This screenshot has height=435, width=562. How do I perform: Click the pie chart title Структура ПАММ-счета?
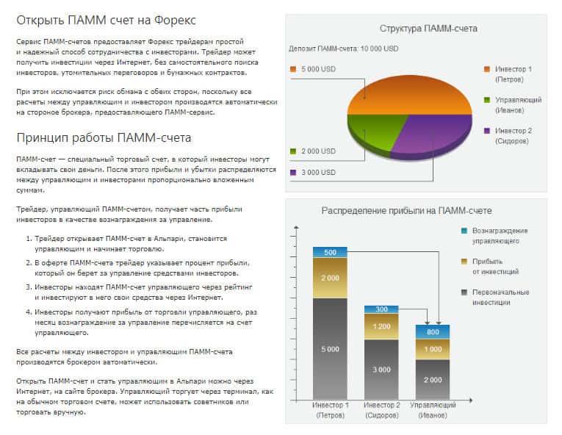[x=428, y=29]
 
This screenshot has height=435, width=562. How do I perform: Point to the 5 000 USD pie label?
[x=317, y=69]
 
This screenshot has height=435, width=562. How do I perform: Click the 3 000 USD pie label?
[x=317, y=173]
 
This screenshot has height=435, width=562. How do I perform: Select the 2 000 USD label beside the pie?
[x=317, y=151]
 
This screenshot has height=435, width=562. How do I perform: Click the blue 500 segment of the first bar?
[x=330, y=252]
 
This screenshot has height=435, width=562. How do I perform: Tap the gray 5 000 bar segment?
[x=330, y=348]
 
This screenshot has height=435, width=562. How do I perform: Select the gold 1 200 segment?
[x=381, y=326]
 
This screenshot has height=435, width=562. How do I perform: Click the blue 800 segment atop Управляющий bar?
[x=433, y=331]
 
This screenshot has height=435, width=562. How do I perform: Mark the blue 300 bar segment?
[x=381, y=309]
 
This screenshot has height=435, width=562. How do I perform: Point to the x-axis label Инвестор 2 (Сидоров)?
[x=381, y=410]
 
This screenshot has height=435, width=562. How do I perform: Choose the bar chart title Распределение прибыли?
[x=406, y=210]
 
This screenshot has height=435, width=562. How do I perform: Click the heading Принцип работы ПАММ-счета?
[x=104, y=137]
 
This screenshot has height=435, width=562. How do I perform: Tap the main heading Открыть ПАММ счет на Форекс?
[x=111, y=19]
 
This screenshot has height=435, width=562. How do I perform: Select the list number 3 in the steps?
[x=27, y=287]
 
